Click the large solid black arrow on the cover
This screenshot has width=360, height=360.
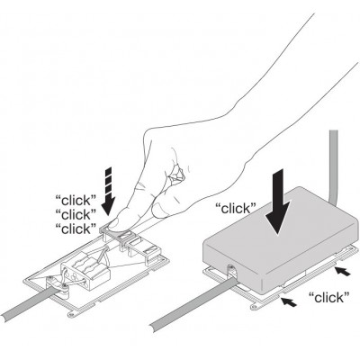click(279, 202)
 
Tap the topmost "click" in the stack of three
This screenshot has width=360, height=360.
click(76, 200)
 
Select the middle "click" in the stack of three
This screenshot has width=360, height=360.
click(76, 214)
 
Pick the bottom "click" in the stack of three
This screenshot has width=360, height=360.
click(76, 229)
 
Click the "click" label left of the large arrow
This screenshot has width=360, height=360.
click(236, 208)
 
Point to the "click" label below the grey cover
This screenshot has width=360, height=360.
click(329, 298)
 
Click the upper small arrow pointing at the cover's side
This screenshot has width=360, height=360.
click(343, 272)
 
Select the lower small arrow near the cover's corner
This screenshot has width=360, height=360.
click(288, 302)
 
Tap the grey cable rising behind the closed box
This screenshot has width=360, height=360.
click(334, 168)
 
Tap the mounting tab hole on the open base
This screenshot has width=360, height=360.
click(71, 314)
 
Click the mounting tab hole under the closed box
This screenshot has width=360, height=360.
click(255, 307)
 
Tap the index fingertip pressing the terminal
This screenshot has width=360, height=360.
click(115, 224)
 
